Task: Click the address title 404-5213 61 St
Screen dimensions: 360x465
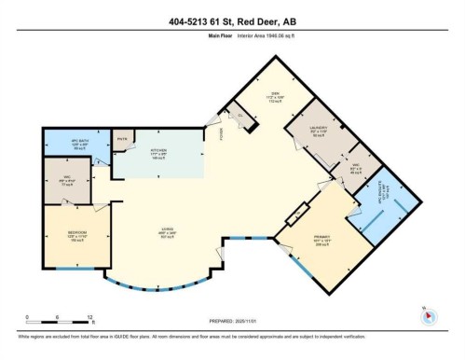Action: [232, 21]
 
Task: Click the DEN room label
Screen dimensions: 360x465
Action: [275, 96]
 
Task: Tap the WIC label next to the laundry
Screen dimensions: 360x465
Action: [355, 168]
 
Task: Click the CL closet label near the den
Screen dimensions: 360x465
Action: [239, 116]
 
